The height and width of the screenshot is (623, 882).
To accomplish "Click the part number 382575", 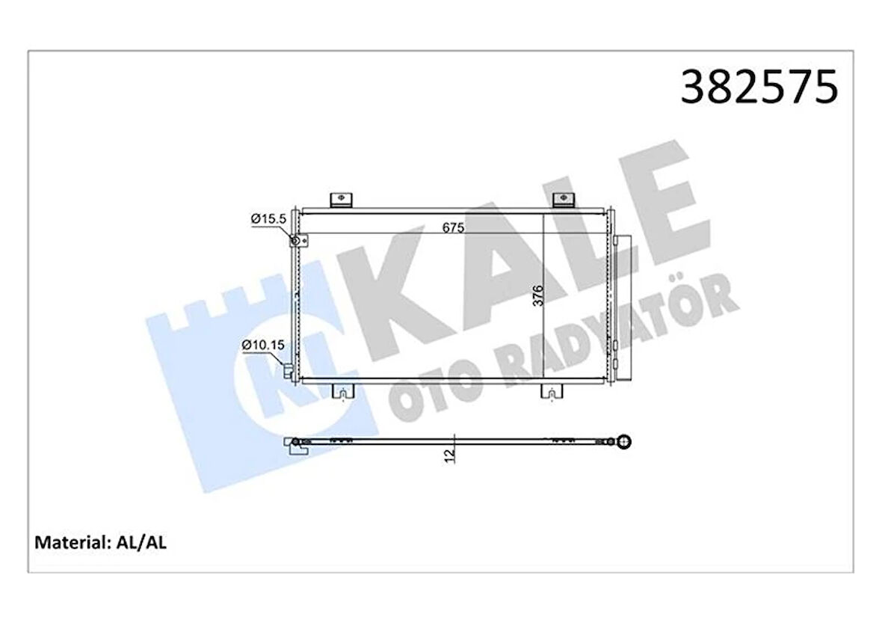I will coord(759,87).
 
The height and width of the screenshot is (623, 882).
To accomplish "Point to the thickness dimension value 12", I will coord(448,455).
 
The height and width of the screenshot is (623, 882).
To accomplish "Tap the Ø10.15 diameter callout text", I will coord(262,345).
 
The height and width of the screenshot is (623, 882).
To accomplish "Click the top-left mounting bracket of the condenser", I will coord(340,200).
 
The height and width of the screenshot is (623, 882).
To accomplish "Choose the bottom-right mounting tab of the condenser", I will coord(551,392).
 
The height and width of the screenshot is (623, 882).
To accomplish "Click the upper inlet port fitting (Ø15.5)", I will coord(297,240).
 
